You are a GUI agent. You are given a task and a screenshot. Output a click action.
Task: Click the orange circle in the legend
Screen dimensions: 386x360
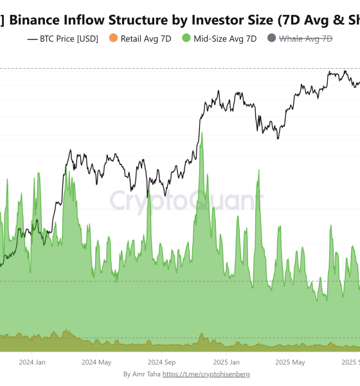coord(114,39)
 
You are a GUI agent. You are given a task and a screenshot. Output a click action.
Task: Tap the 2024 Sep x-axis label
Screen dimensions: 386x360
coord(161,362)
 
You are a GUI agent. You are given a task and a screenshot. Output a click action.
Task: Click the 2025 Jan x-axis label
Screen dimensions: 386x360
coord(226,362)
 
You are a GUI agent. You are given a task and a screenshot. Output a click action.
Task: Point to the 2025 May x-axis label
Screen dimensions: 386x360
coord(290,362)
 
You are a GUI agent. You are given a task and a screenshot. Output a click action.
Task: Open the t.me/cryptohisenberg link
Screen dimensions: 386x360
coord(206,374)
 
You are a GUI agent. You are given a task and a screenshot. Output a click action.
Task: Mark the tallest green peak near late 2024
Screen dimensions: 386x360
coord(202,134)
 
